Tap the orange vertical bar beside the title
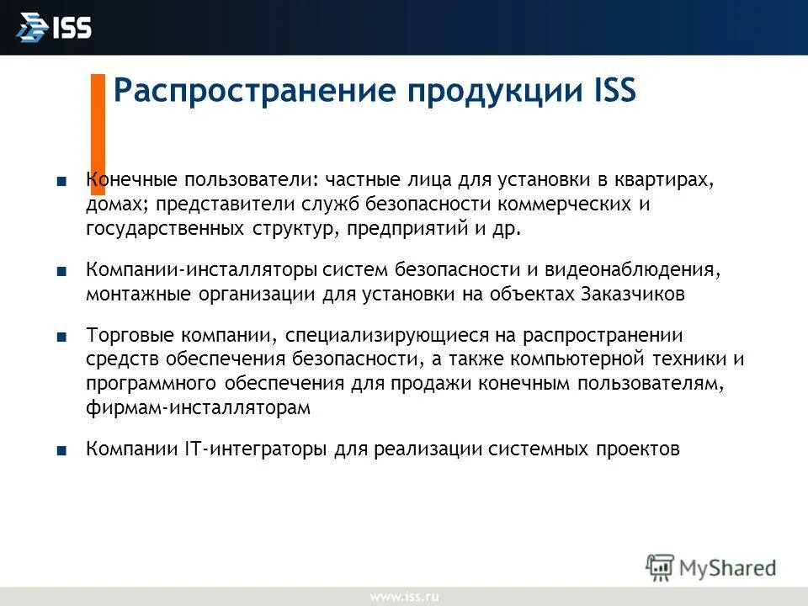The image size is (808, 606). pyautogui.click(x=98, y=122)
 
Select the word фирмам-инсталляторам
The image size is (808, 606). pyautogui.click(x=198, y=407)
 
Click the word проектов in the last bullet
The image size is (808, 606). pyautogui.click(x=638, y=449)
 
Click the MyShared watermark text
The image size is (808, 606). pyautogui.click(x=728, y=566)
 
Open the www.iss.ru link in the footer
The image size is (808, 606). pyautogui.click(x=404, y=597)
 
